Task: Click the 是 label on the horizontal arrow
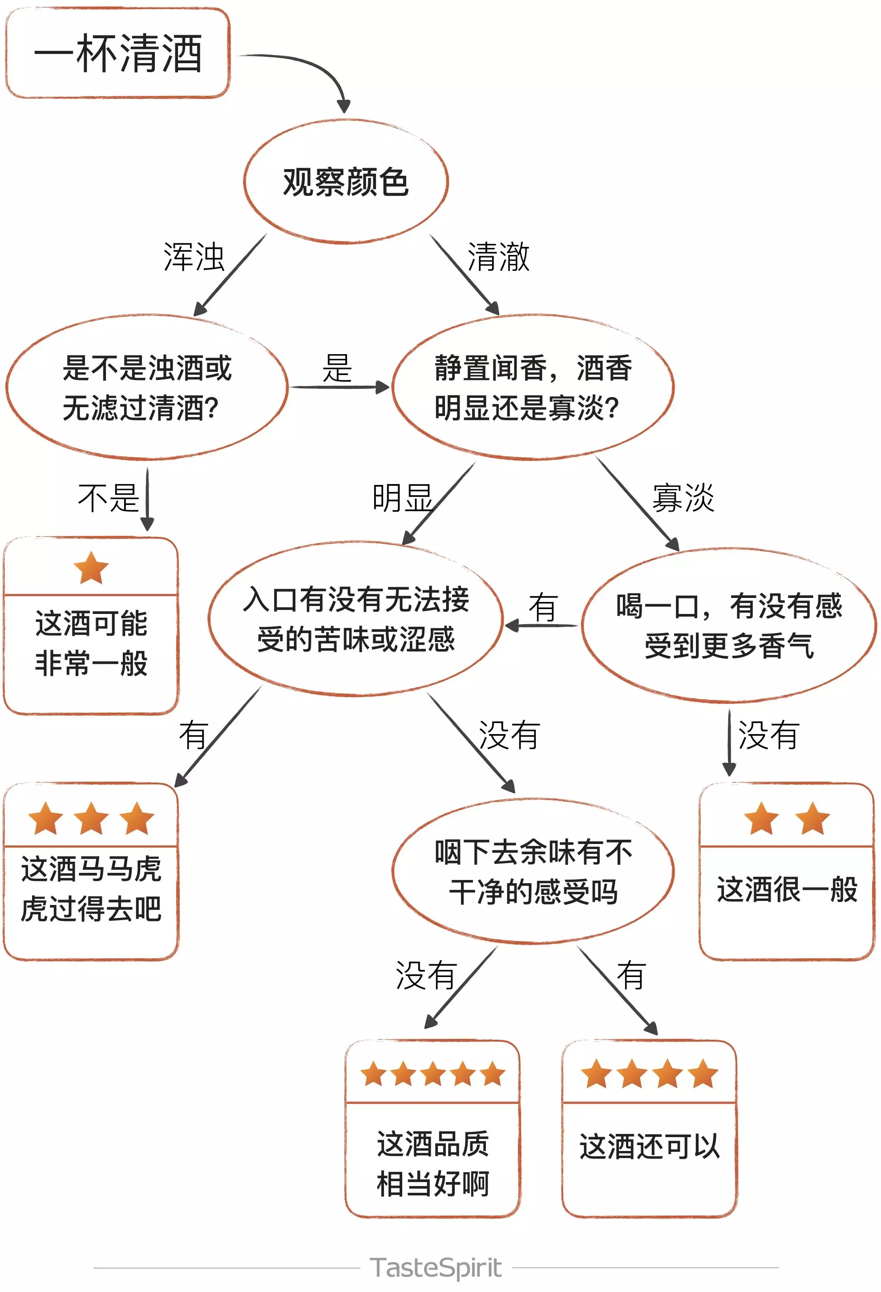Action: coord(337,368)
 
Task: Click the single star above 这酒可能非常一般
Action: coord(91,568)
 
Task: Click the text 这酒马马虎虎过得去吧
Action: coord(91,888)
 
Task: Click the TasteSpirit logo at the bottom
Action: coord(436,1268)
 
